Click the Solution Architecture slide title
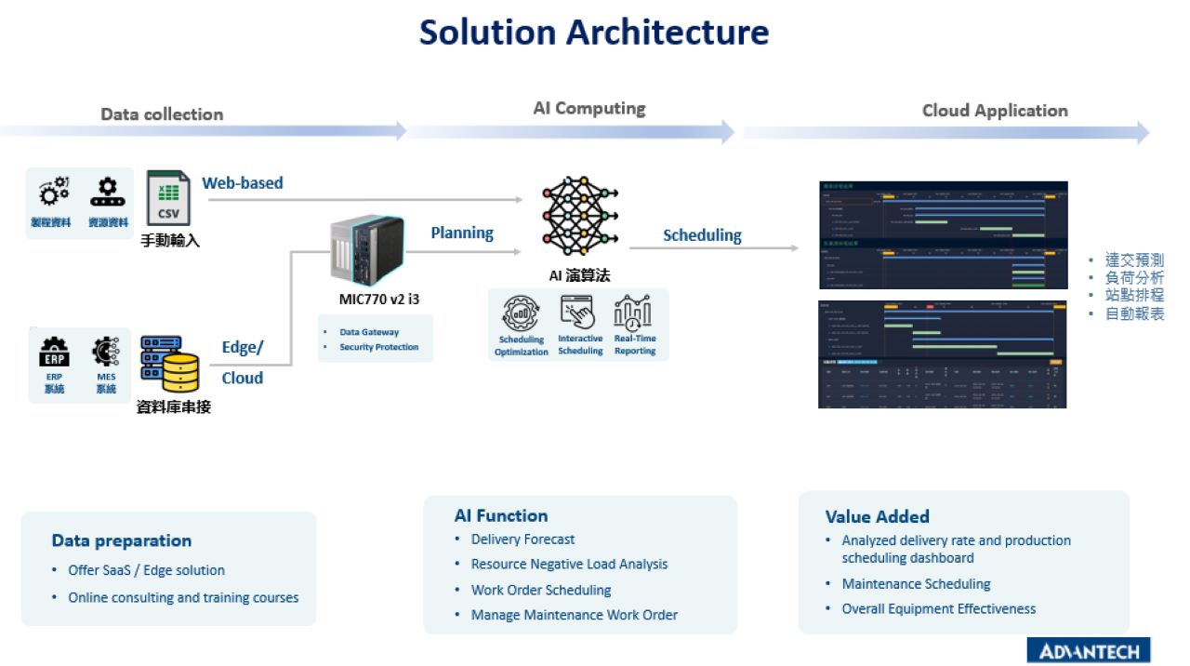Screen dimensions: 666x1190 pyautogui.click(x=594, y=33)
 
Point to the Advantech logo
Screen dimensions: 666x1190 pyautogui.click(x=1089, y=649)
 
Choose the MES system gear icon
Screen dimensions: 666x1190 pyautogui.click(x=106, y=352)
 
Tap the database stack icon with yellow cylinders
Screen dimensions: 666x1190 pyautogui.click(x=170, y=365)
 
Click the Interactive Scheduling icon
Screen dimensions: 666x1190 pyautogui.click(x=579, y=313)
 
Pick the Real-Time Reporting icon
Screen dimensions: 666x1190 pyautogui.click(x=634, y=313)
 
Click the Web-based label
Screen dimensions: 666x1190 pyautogui.click(x=243, y=183)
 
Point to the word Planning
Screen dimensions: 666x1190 pyautogui.click(x=462, y=233)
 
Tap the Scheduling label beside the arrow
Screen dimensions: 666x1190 pyautogui.click(x=702, y=235)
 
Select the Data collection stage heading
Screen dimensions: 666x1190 pyautogui.click(x=162, y=114)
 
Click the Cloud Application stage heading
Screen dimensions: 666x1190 pyautogui.click(x=995, y=111)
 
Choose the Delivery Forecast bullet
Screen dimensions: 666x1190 pyautogui.click(x=522, y=539)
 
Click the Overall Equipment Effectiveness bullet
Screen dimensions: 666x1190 pyautogui.click(x=938, y=609)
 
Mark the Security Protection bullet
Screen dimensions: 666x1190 pyautogui.click(x=378, y=347)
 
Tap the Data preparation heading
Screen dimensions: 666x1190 pyautogui.click(x=122, y=540)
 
